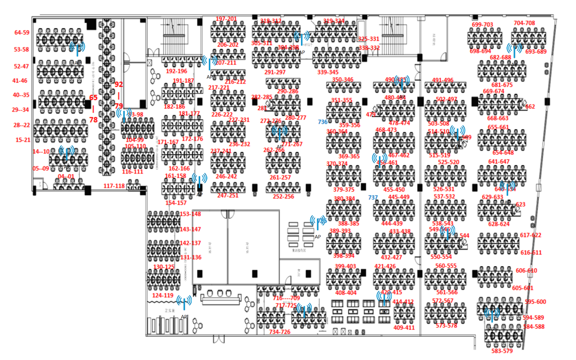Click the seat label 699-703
click(x=482, y=25)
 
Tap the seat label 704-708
click(x=524, y=23)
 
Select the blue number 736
click(x=323, y=122)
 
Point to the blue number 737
click(x=373, y=197)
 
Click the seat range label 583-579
click(x=502, y=351)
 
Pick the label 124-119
click(x=163, y=295)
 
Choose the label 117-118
click(x=114, y=186)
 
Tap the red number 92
click(x=119, y=84)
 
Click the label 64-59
click(x=22, y=33)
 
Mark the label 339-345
click(x=328, y=72)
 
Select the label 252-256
click(x=283, y=197)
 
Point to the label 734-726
click(x=280, y=332)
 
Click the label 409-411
click(x=404, y=328)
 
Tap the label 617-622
click(x=530, y=235)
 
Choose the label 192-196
click(x=176, y=71)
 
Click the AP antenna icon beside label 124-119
click(x=184, y=302)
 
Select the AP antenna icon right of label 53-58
click(x=77, y=48)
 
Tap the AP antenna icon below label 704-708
click(x=514, y=50)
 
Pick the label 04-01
click(x=66, y=177)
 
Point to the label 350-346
click(x=342, y=80)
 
